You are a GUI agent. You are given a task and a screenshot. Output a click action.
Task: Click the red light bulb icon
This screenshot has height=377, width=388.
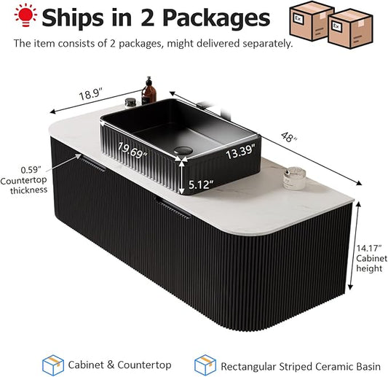tap(25, 15)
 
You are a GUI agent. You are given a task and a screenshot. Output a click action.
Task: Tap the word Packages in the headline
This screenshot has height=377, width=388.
tap(216, 18)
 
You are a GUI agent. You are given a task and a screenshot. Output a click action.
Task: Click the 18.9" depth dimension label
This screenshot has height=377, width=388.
tap(90, 94)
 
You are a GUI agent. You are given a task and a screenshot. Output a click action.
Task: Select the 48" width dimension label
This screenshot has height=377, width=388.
tap(289, 137)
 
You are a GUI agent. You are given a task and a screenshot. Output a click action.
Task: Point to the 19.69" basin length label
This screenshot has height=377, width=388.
tap(132, 150)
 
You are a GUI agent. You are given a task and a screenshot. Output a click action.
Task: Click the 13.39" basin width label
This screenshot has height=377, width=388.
tap(240, 152)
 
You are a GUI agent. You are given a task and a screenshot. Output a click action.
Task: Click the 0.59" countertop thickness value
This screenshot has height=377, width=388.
tap(31, 170)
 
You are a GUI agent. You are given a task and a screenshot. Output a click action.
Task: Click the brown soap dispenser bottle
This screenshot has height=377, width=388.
tap(149, 91)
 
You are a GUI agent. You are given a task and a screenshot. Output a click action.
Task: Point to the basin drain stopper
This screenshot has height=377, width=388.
tap(183, 150)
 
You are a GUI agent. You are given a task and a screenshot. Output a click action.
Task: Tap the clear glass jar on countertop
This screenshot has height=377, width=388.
tap(295, 178)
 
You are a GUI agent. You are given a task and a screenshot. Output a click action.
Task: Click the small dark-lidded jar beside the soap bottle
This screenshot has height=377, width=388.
tap(130, 103)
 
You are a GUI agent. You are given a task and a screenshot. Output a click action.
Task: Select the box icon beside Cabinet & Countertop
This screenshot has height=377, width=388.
tap(53, 365)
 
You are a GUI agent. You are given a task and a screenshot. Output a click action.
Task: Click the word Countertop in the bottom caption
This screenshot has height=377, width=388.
tap(144, 365)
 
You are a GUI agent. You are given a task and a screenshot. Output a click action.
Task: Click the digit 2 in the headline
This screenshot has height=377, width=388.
tap(148, 18)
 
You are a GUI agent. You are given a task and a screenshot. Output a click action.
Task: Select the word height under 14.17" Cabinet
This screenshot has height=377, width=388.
tap(369, 268)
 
